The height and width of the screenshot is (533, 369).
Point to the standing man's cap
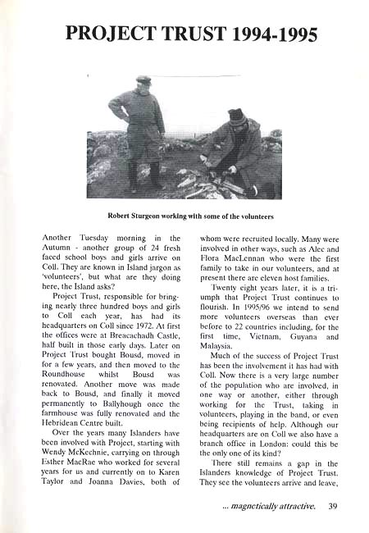144,80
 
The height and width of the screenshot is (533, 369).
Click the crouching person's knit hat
237,116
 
